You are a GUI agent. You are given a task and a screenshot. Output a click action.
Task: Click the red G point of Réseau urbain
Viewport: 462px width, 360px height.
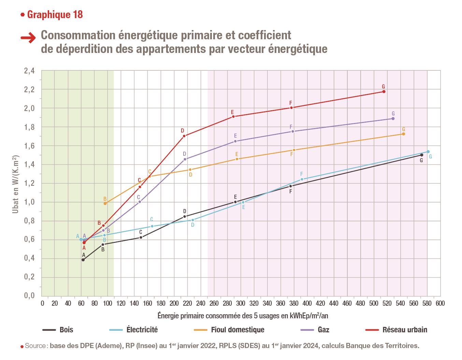pos(384,92)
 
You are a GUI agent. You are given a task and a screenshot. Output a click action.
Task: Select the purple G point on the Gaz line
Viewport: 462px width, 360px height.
pos(393,119)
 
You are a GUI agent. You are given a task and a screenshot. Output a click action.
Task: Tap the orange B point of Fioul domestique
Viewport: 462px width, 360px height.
pos(105,204)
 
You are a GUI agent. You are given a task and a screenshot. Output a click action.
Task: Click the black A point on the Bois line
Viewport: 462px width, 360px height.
pos(83,260)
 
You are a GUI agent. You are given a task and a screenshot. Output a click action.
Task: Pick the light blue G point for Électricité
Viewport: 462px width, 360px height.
pos(428,152)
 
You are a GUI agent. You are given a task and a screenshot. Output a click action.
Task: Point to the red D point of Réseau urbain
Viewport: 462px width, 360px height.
pos(184,136)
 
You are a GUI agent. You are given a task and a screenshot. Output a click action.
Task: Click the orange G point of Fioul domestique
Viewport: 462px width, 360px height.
pos(403,134)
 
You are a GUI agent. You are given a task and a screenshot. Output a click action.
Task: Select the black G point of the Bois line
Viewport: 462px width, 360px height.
pos(422,155)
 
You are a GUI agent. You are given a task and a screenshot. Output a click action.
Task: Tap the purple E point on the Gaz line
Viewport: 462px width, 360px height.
pos(235,141)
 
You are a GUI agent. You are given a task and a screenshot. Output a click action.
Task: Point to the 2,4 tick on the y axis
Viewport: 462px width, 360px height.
pos(29,71)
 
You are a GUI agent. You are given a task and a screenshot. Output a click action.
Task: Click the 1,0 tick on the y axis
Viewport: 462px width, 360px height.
pos(29,202)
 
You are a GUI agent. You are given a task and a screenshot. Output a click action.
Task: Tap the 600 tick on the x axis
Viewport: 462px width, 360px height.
pos(440,303)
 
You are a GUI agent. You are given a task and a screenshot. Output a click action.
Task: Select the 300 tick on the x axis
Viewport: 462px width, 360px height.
pos(241,303)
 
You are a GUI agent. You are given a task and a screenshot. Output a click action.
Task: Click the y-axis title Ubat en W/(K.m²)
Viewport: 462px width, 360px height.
pos(15,185)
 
